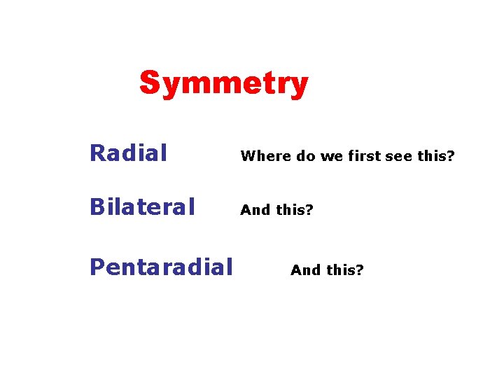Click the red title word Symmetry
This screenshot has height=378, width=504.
pos(223,84)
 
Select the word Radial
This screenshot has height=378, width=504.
pos(129,153)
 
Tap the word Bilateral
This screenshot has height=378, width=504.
pos(142,207)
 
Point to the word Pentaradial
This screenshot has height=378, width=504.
pos(161,267)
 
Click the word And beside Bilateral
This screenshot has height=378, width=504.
pos(254,210)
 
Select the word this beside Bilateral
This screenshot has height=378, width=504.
pos(293,210)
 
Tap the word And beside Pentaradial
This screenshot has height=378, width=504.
pos(304,270)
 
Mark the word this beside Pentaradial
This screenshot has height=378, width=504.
pos(344,270)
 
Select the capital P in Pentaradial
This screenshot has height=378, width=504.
pos(97,267)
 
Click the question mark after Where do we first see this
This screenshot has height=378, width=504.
pos(451,156)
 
